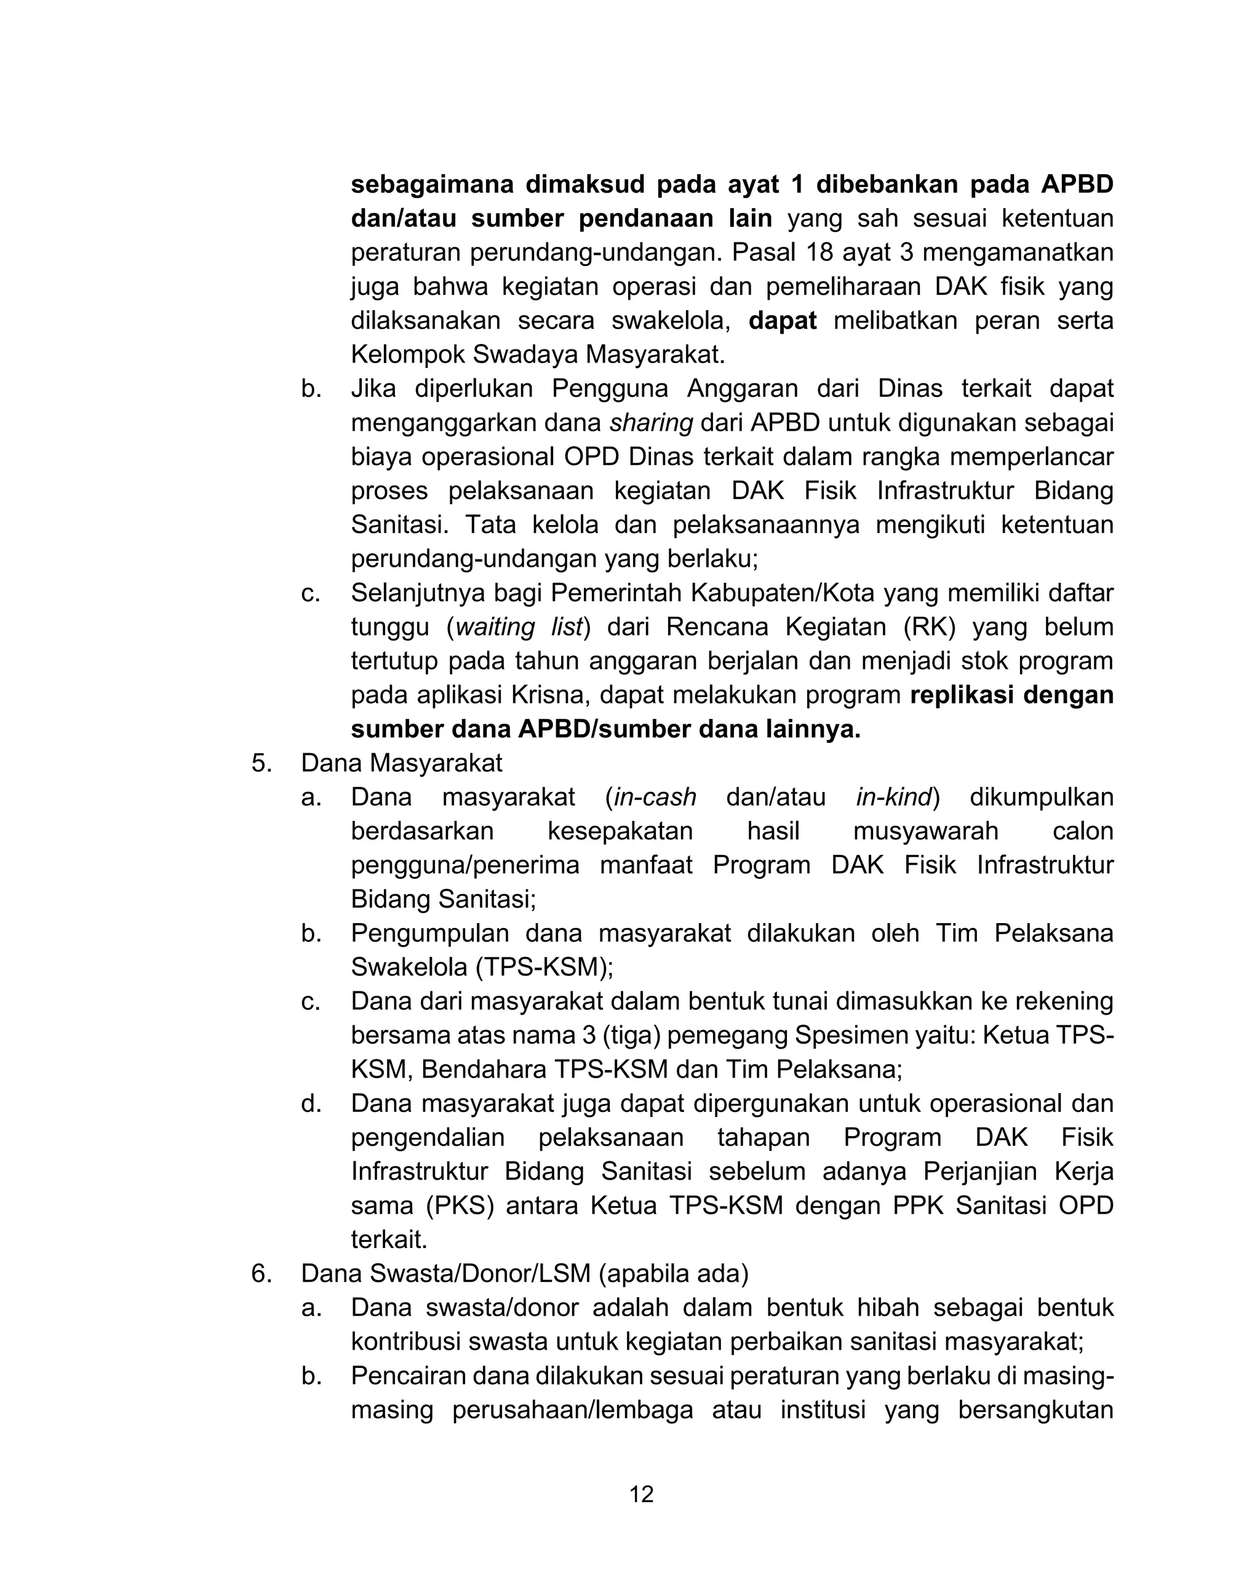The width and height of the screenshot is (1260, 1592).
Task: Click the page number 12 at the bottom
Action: [x=641, y=1494]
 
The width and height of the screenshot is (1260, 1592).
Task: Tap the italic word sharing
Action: [x=651, y=423]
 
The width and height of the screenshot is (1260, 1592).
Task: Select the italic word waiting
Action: [x=496, y=627]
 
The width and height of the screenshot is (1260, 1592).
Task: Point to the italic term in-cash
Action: [x=655, y=798]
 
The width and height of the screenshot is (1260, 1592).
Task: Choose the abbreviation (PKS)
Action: [x=460, y=1206]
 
